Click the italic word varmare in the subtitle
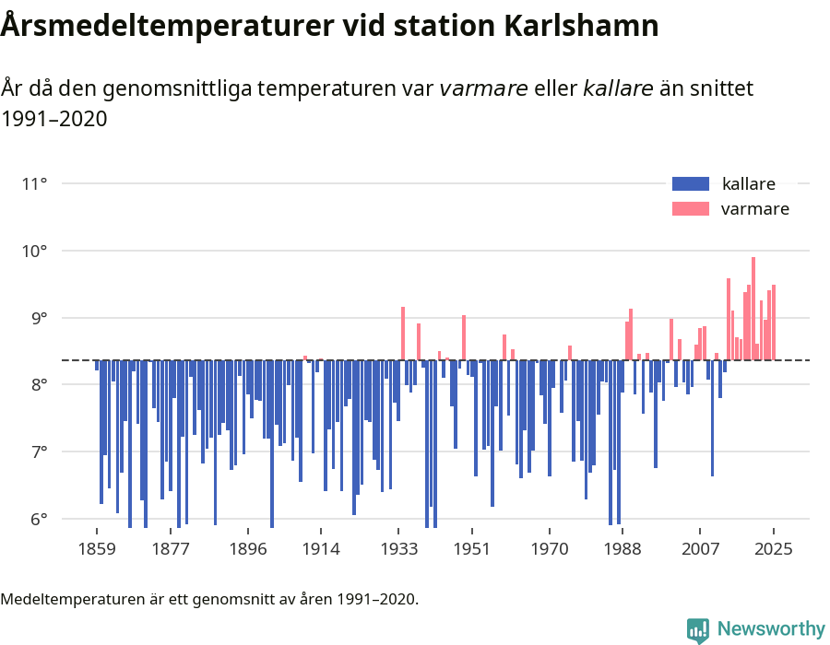click(x=483, y=88)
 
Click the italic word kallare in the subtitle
click(x=618, y=88)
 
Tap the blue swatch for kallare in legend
click(x=690, y=183)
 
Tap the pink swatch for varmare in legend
click(x=690, y=209)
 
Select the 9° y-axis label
click(x=38, y=318)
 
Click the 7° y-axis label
click(x=38, y=452)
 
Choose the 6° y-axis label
click(x=38, y=520)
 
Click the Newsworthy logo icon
click(x=698, y=629)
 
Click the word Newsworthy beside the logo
click(x=770, y=629)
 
